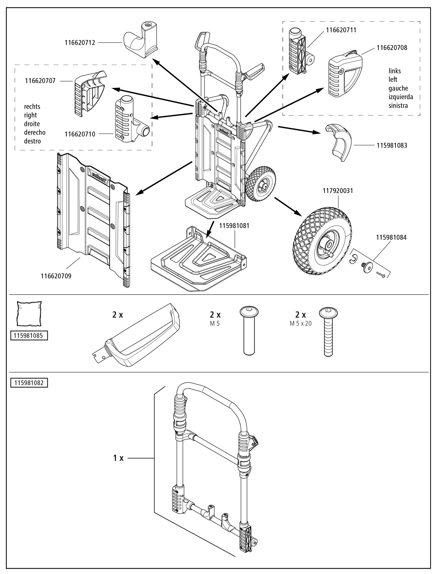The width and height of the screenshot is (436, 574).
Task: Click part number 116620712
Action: pos(80,43)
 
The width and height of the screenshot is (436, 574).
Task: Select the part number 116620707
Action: pos(40,81)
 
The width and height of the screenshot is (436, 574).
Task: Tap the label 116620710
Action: pos(80,134)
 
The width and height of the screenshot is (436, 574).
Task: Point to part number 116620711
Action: pos(341,30)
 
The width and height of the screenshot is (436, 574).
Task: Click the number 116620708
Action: pos(392,48)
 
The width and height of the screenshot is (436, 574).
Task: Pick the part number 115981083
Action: pos(392,145)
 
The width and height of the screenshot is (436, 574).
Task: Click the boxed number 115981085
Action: pos(29,335)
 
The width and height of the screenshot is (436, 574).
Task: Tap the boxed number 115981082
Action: pos(29,382)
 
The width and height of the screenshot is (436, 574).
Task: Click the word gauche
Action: pos(398,88)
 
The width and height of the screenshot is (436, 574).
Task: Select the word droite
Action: pos(32,124)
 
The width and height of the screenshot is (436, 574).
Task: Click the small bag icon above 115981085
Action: pos(29,314)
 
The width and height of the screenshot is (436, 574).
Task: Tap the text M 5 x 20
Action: pos(301,324)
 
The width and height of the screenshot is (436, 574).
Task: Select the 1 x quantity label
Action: pos(118,458)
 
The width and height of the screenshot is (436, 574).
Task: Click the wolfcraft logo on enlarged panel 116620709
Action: pos(99,177)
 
